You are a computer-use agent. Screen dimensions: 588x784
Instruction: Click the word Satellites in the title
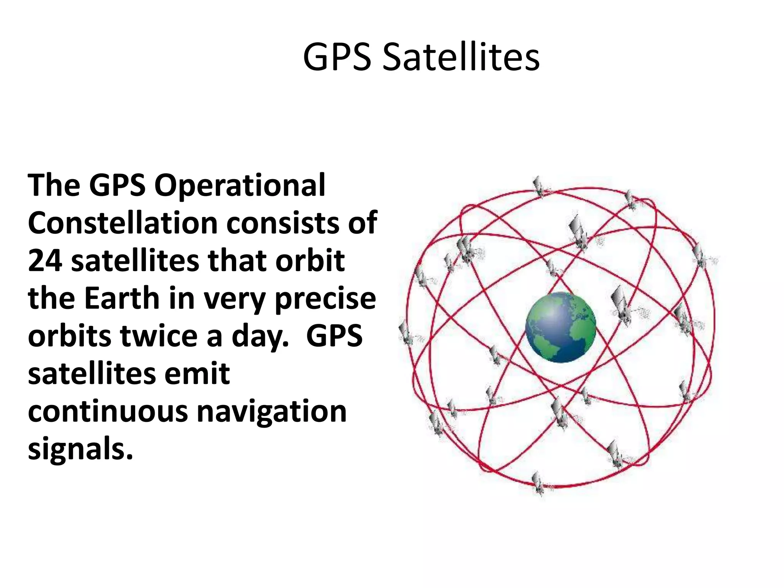461,57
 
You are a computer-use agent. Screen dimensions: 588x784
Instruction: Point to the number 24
45,261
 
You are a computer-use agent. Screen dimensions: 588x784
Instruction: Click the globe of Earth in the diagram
560,327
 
